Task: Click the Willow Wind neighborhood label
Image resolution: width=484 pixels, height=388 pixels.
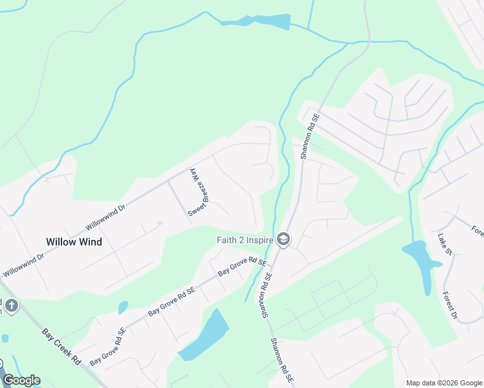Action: [73, 242]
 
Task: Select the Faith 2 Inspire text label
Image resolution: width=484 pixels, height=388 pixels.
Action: [245, 240]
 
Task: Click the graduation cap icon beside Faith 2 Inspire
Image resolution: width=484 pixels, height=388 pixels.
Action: [283, 240]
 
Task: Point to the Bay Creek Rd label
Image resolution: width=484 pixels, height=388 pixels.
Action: [61, 347]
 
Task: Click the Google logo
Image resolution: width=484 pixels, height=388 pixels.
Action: [21, 380]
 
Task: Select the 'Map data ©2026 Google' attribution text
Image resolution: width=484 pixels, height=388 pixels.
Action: [444, 383]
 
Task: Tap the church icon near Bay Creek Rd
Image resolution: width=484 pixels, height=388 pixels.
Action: [12, 305]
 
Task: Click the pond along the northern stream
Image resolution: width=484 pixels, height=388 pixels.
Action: [256, 21]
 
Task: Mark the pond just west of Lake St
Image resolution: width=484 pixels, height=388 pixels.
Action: [420, 262]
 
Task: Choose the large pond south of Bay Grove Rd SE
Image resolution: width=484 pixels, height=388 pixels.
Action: [206, 336]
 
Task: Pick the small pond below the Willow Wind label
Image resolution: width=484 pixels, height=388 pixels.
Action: [123, 307]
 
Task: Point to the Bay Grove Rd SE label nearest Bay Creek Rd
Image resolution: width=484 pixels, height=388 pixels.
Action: [107, 347]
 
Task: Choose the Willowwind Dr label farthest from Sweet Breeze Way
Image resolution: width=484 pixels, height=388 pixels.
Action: [23, 264]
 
